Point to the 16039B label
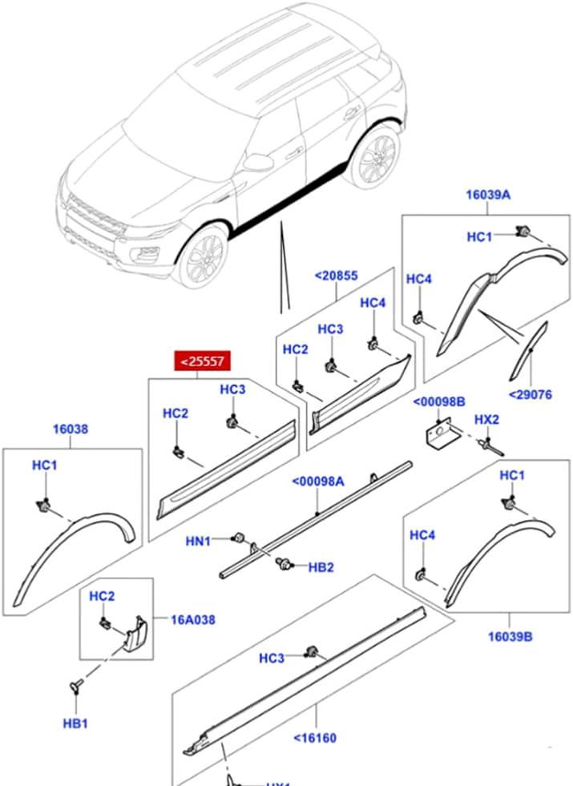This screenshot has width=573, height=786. [x=510, y=637]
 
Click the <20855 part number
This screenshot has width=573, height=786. [x=337, y=276]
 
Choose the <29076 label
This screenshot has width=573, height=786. [x=530, y=394]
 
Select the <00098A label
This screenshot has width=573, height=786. [x=317, y=482]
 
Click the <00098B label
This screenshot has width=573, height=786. [x=443, y=401]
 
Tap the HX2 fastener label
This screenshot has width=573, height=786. [x=486, y=419]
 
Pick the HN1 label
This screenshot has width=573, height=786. [x=198, y=542]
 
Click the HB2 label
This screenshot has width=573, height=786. [x=321, y=567]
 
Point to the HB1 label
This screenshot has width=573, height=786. [x=75, y=724]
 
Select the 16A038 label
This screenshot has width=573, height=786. [x=192, y=619]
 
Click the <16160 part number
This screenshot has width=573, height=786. [x=314, y=737]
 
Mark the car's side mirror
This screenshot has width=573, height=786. [x=256, y=163]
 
